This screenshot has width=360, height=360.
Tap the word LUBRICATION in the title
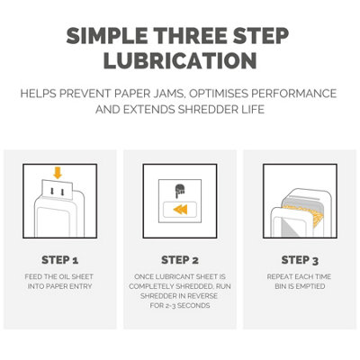[180, 60]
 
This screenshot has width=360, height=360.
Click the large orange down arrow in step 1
[58, 173]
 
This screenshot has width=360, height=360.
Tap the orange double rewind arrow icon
[180, 210]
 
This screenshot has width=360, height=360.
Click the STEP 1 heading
[60, 260]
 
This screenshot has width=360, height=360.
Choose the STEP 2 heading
[180, 260]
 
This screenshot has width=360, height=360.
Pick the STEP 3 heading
[300, 260]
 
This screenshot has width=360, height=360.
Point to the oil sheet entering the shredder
[58, 189]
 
